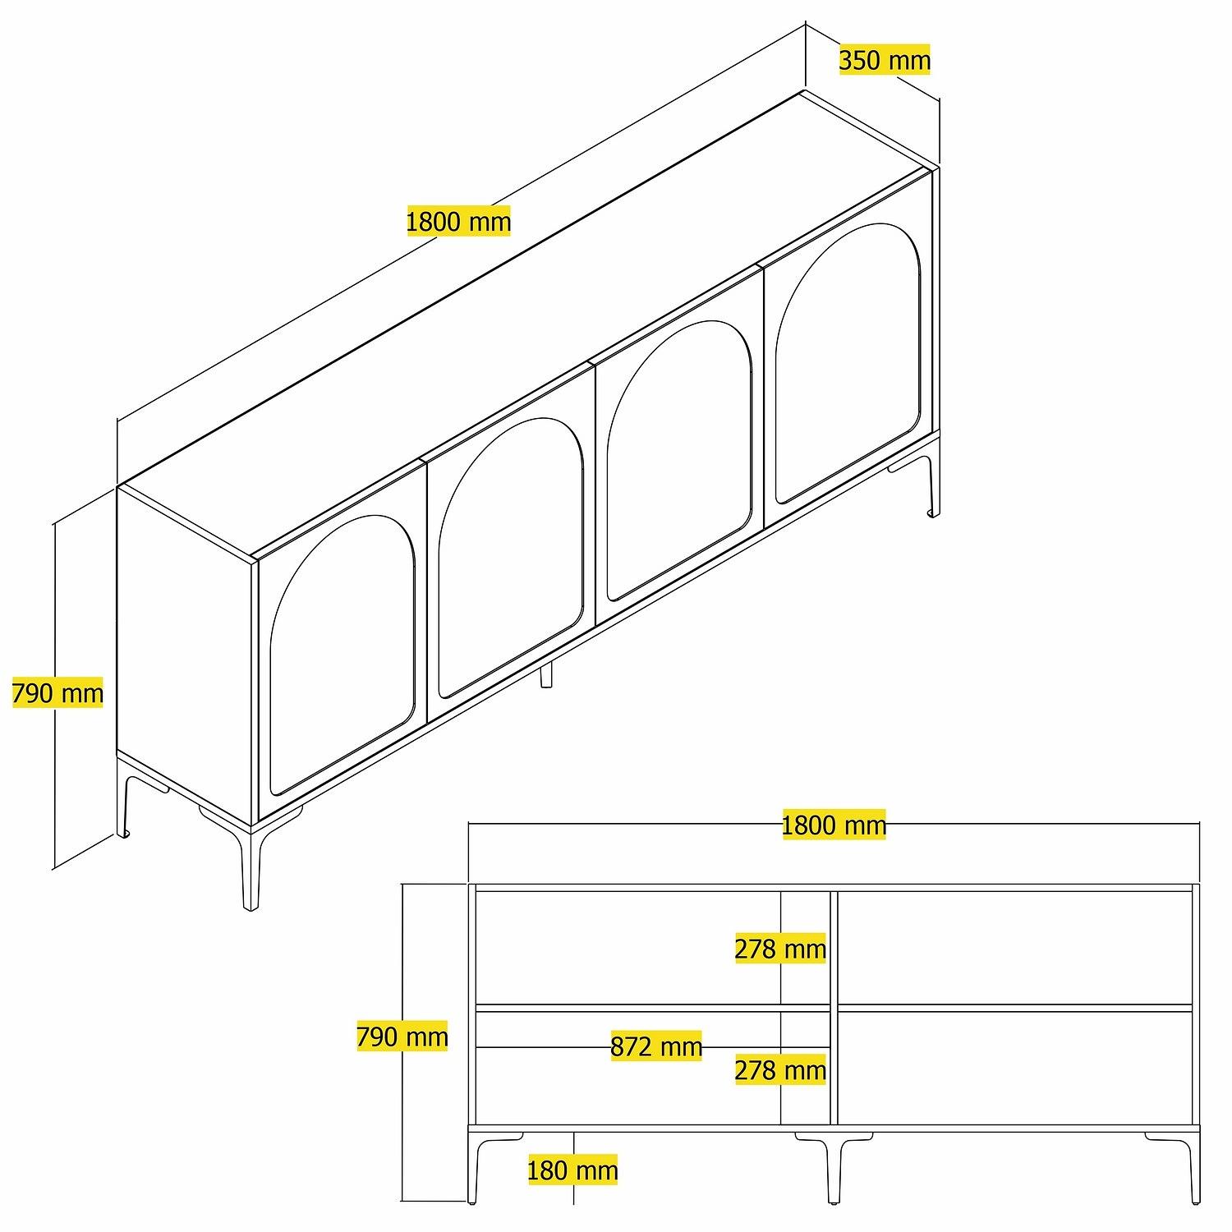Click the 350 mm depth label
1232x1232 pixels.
[x=885, y=60]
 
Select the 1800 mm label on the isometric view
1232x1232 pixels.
[x=458, y=221]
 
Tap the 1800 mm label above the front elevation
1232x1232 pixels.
[x=834, y=825]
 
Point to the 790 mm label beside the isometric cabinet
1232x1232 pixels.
[x=57, y=693]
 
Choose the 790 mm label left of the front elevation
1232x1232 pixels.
[x=402, y=1037]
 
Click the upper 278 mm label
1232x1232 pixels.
[x=779, y=949]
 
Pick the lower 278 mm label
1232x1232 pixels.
[x=779, y=1070]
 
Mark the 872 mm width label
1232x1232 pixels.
[x=656, y=1046]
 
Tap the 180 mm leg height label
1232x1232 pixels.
[x=572, y=1170]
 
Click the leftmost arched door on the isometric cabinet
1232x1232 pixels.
[x=341, y=657]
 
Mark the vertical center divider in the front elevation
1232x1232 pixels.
[x=834, y=1006]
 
